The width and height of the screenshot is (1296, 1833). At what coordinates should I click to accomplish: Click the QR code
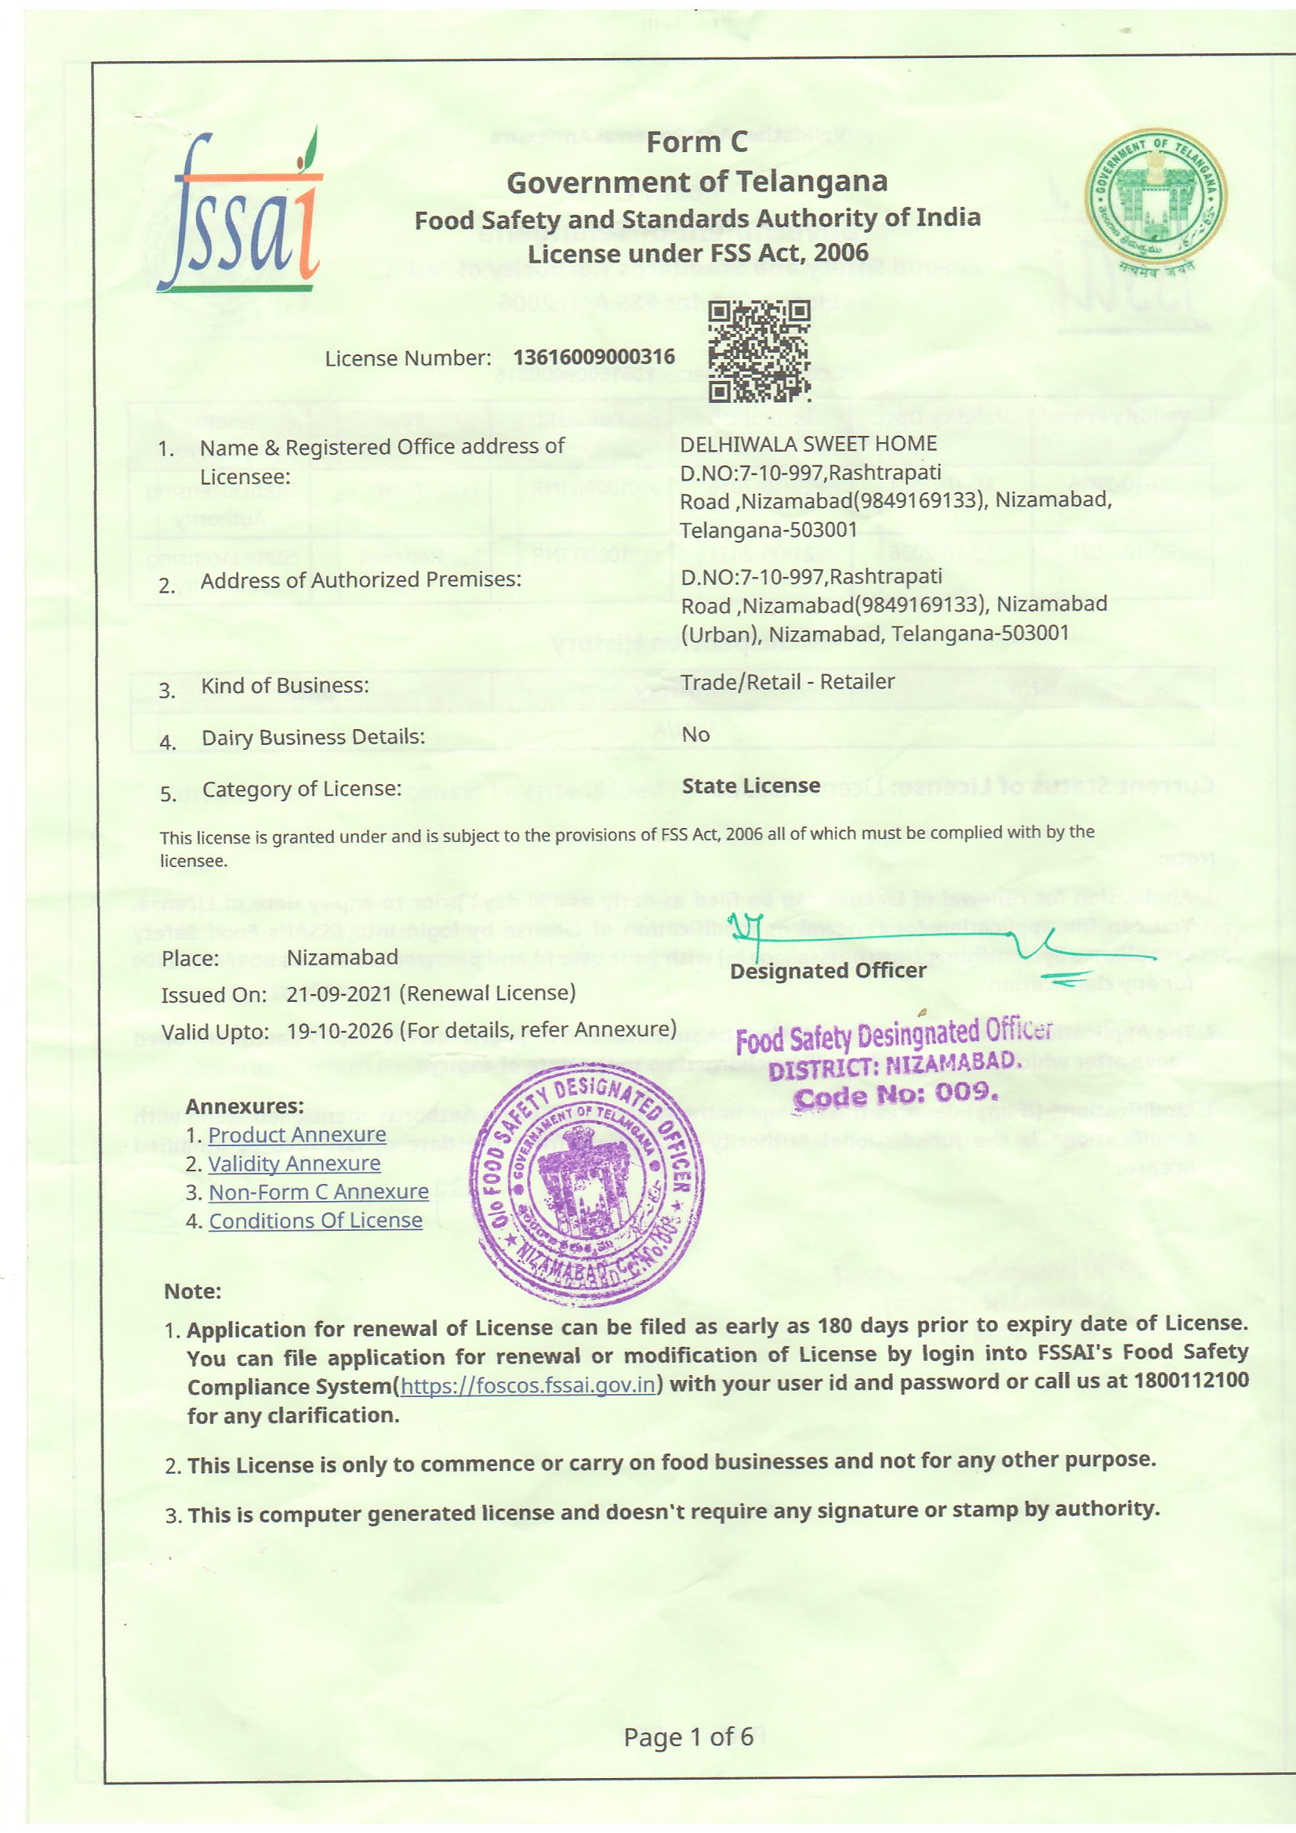click(759, 351)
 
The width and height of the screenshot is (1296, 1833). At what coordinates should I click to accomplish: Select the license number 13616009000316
click(594, 357)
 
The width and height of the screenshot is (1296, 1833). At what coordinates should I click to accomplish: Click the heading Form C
click(696, 143)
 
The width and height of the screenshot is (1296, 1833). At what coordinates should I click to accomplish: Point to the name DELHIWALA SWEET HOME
click(808, 444)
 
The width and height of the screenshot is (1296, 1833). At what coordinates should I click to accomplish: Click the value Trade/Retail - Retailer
click(787, 682)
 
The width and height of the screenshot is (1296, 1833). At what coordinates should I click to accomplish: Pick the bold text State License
click(750, 786)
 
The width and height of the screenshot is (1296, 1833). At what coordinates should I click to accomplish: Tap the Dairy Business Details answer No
click(695, 735)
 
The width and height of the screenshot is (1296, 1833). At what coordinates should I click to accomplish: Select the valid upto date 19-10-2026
click(340, 1031)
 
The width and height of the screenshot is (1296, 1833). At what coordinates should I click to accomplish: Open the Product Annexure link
click(297, 1134)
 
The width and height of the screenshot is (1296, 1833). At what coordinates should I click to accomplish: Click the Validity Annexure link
click(295, 1163)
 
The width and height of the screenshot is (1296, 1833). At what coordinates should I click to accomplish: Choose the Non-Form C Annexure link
click(318, 1192)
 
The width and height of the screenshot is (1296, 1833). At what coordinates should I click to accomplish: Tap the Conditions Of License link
click(315, 1221)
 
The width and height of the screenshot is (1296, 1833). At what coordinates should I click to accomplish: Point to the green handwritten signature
click(942, 942)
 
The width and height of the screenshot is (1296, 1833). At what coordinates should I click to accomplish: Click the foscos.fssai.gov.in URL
click(528, 1385)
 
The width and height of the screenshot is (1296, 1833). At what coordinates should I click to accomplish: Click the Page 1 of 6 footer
click(688, 1737)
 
